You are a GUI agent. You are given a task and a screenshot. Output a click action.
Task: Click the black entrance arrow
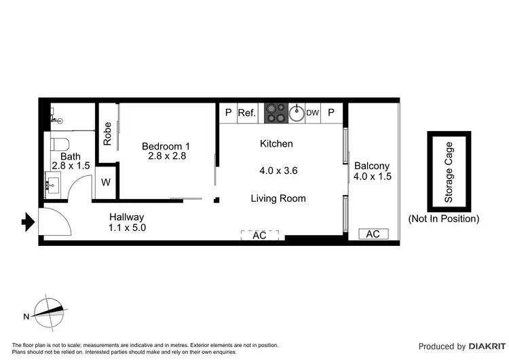[x=28, y=221]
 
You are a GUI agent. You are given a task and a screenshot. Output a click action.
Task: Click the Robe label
[x=107, y=133]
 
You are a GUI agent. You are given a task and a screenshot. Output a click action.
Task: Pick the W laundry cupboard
[x=107, y=182]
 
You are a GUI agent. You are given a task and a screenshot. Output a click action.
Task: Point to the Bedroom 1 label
[x=166, y=146]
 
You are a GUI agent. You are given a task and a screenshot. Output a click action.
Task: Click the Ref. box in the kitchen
[x=247, y=113]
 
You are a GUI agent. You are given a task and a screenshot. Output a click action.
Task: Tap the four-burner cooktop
[x=275, y=113]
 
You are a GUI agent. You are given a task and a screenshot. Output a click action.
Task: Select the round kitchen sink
[x=297, y=113]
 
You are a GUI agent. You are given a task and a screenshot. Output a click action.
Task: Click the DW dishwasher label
[x=312, y=113]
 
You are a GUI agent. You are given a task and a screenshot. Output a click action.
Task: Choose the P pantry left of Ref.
[x=228, y=113]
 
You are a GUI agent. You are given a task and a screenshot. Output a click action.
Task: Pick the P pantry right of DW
[x=332, y=113]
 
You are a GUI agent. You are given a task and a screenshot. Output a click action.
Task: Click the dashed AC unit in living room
[x=260, y=235]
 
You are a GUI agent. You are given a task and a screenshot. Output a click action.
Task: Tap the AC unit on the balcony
[x=373, y=234]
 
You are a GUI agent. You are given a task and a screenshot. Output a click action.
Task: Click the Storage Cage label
[x=449, y=173]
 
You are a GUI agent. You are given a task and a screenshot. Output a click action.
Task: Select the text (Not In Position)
[x=443, y=219]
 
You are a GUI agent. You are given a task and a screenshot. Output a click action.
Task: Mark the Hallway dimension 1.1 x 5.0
[x=127, y=228]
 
